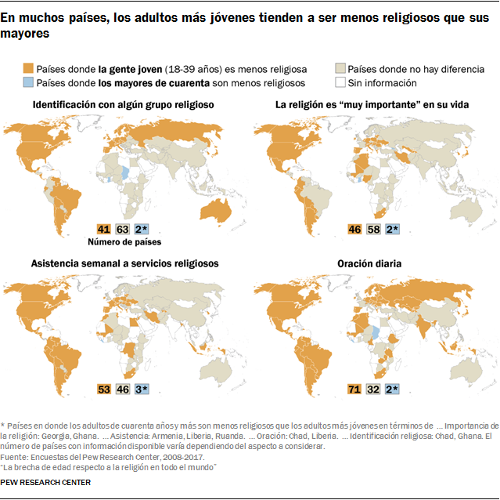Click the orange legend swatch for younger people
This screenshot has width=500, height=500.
click(29, 69)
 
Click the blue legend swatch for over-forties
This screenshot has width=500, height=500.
click(29, 82)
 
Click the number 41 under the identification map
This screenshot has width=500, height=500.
click(103, 229)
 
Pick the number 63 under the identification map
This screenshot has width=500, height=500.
click(122, 229)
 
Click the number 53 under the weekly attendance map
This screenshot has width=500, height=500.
click(103, 389)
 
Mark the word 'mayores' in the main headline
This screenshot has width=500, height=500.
click(23, 34)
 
